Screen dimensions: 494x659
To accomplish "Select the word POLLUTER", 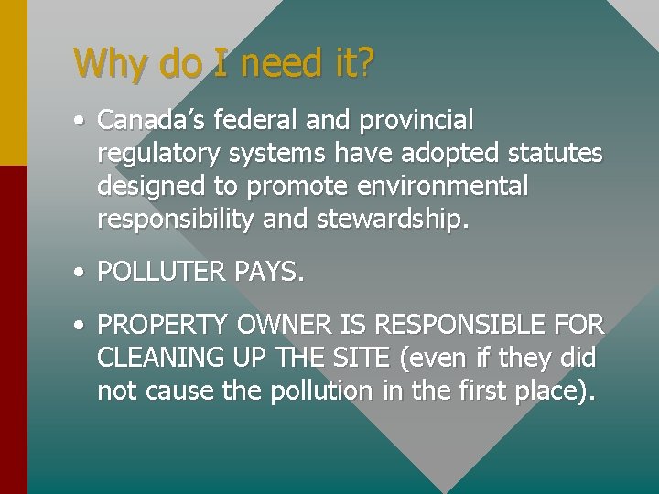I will pyautogui.click(x=160, y=272).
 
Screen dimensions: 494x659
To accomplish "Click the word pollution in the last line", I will pyautogui.click(x=321, y=391).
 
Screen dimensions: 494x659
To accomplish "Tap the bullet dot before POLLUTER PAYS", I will pyautogui.click(x=82, y=273).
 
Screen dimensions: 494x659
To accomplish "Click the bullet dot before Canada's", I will pyautogui.click(x=82, y=121).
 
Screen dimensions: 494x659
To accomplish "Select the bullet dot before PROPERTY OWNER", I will pyautogui.click(x=82, y=325).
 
